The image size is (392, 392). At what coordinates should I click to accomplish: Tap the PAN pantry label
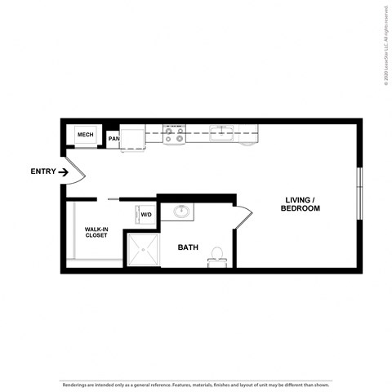[113, 139]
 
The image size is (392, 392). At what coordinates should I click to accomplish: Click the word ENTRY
[42, 171]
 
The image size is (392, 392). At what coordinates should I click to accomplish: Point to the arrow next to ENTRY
[64, 171]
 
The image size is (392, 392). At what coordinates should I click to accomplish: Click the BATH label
[189, 247]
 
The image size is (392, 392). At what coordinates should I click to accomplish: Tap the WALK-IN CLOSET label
[96, 233]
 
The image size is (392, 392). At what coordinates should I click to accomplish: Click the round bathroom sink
[181, 213]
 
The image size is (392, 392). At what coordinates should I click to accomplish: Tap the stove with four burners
[174, 135]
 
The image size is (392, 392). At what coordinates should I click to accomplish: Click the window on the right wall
[359, 194]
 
